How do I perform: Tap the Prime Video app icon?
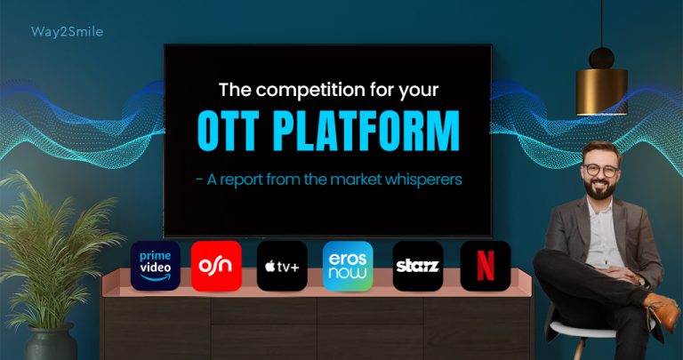(155, 265)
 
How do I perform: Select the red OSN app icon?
(216, 265)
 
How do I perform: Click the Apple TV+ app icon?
(282, 265)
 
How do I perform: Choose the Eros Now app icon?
(348, 265)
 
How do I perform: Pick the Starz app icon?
(417, 265)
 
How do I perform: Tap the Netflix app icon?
(486, 265)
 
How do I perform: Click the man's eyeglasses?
(601, 169)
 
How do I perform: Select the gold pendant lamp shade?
(601, 92)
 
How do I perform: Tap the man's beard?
(602, 188)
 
